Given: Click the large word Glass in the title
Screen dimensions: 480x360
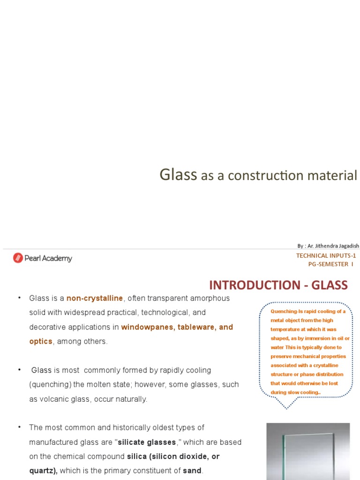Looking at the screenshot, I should click(x=178, y=175).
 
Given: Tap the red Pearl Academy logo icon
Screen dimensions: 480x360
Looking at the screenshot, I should click(x=18, y=258).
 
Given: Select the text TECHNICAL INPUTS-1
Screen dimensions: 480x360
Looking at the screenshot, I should click(x=326, y=255).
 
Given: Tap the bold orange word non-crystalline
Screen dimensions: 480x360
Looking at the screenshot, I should click(x=95, y=298).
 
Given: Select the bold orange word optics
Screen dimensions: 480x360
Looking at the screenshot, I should click(x=41, y=341).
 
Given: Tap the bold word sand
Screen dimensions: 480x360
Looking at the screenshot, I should click(x=192, y=471).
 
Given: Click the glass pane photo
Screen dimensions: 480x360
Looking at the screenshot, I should click(x=308, y=451).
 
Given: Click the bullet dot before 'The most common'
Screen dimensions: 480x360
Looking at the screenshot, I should click(x=20, y=427).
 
